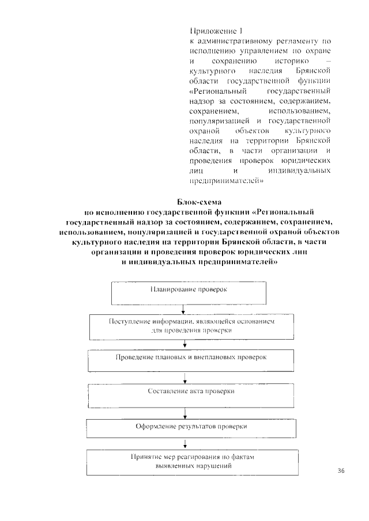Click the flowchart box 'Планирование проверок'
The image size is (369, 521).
coord(189,292)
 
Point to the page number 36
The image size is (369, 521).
coord(340,471)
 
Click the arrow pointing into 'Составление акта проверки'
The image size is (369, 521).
coord(184,378)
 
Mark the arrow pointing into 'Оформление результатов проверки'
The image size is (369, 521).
coord(184,413)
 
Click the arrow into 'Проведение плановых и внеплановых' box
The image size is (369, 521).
coord(184,345)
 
